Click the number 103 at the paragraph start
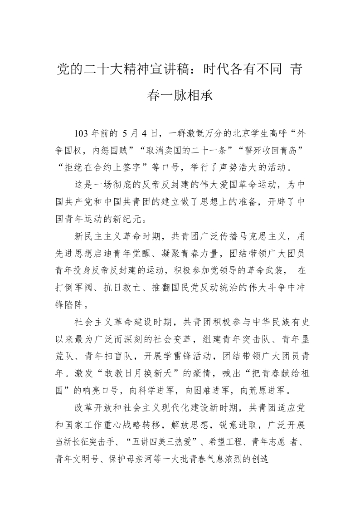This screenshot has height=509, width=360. point(82,133)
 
